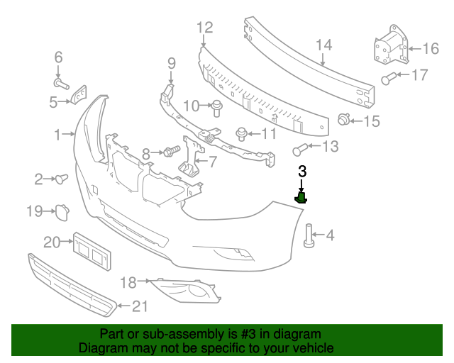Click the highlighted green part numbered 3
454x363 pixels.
pos(301,197)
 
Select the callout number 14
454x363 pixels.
pos(323,45)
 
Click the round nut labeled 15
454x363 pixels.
pos(345,119)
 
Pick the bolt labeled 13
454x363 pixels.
pos(301,149)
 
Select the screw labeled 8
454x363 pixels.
pos(170,151)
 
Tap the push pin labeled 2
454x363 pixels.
pos(61,177)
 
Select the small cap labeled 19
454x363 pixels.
pos(62,210)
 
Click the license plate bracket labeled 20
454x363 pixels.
pos(92,252)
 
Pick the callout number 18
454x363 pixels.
pos(128,282)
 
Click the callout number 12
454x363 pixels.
pos(204,28)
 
